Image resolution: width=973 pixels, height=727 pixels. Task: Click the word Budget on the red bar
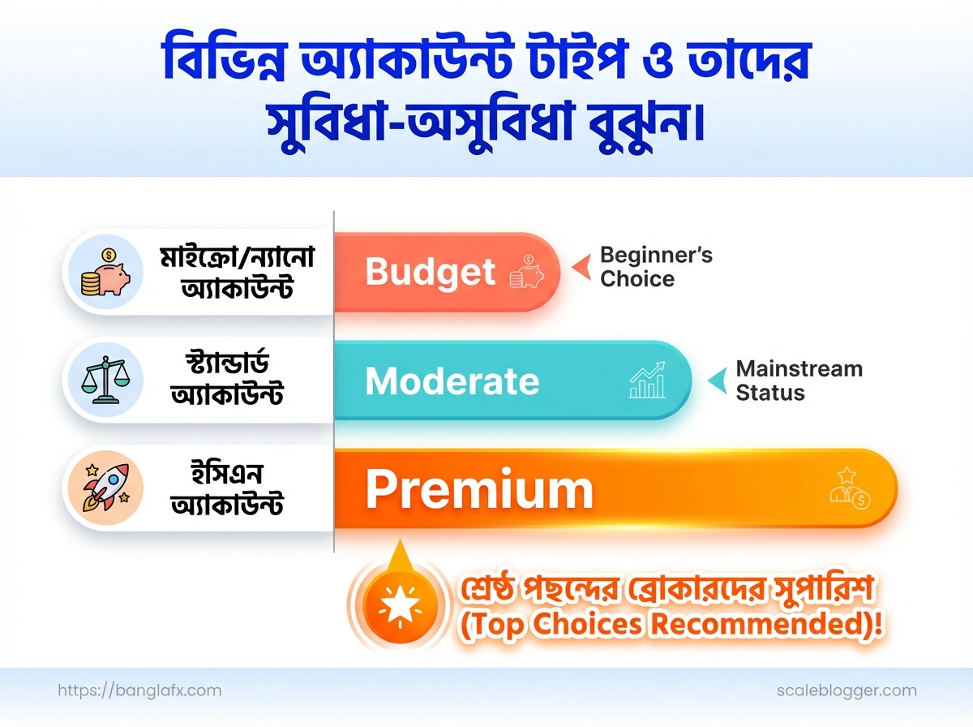click(430, 272)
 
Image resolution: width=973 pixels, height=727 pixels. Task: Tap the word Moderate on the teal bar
click(452, 381)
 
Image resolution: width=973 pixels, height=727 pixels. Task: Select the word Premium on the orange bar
click(479, 489)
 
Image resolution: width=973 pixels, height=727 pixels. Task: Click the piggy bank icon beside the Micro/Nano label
click(105, 272)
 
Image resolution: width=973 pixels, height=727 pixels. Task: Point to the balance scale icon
click(105, 380)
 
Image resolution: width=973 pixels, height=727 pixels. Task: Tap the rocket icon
click(106, 487)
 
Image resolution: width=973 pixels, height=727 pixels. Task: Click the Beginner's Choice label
click(656, 267)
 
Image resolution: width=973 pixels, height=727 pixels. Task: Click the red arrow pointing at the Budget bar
click(582, 267)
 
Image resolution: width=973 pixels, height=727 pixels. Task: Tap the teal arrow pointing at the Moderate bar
click(718, 381)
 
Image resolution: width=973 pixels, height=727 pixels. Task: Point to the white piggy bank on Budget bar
click(526, 272)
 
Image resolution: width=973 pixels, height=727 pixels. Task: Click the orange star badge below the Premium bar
click(400, 604)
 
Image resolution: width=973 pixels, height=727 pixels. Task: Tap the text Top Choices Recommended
click(671, 624)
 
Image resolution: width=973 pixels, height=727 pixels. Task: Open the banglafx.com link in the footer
click(139, 690)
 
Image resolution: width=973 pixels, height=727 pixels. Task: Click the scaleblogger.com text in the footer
click(847, 690)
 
